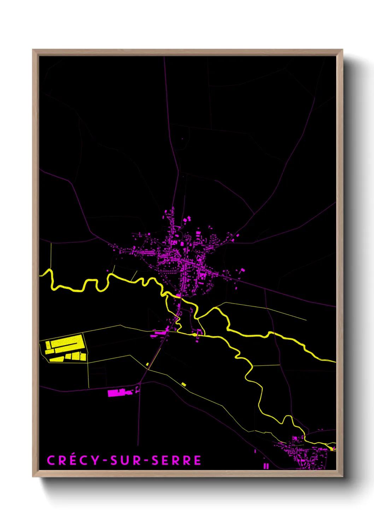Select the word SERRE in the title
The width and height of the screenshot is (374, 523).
click(x=176, y=460)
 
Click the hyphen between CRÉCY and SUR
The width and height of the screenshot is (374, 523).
click(x=105, y=461)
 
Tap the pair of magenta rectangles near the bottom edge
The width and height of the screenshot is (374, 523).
click(x=266, y=466)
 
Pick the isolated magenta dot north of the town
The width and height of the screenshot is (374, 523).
click(x=182, y=139)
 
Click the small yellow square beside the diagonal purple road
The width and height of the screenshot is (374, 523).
click(x=147, y=364)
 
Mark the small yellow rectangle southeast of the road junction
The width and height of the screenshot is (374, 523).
click(x=183, y=384)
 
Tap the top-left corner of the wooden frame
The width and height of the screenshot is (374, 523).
click(x=33, y=50)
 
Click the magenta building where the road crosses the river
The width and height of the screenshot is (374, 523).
click(x=179, y=295)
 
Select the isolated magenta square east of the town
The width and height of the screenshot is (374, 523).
click(x=242, y=270)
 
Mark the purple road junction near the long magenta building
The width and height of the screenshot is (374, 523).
click(x=140, y=383)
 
